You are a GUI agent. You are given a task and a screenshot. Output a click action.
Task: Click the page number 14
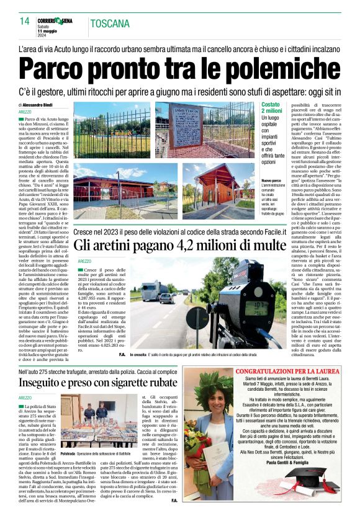coord(24,21)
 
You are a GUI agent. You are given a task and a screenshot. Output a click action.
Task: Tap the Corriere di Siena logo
coord(59,20)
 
